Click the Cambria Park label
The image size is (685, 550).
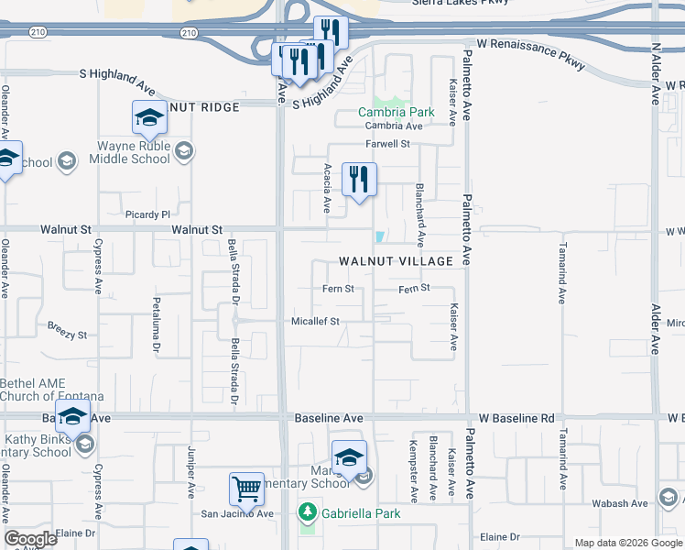click(396, 112)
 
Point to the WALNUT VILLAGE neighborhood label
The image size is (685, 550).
click(396, 261)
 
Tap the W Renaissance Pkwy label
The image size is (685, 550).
click(519, 43)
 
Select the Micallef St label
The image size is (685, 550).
click(315, 322)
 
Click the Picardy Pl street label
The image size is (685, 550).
click(148, 214)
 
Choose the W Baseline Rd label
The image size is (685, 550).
click(516, 418)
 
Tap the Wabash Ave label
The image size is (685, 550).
click(620, 503)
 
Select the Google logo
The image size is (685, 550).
click(30, 539)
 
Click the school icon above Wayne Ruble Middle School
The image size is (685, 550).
click(149, 117)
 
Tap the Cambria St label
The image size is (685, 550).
click(390, 126)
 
